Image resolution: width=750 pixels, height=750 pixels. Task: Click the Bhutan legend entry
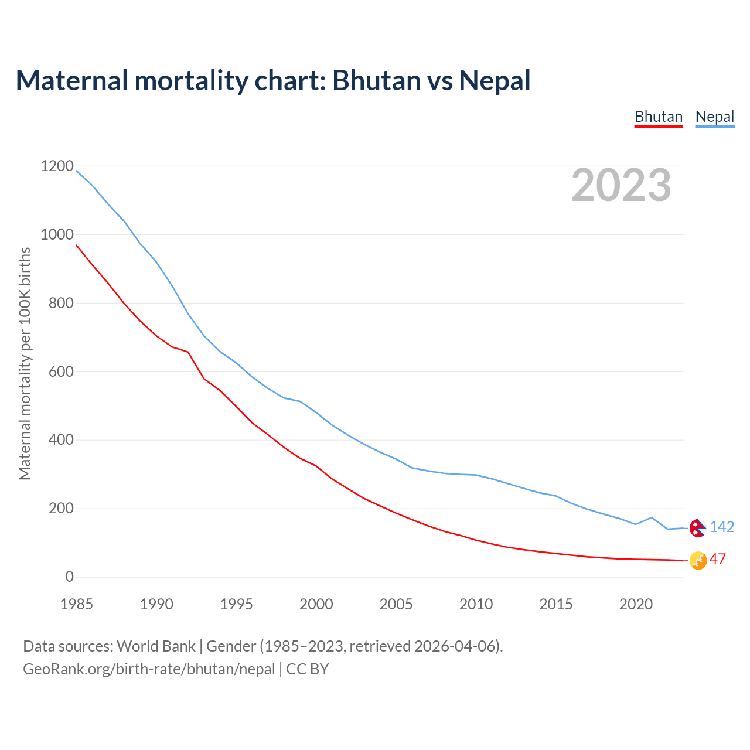tap(659, 117)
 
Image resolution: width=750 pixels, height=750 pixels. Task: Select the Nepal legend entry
tap(714, 117)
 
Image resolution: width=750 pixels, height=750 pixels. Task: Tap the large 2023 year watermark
tap(621, 185)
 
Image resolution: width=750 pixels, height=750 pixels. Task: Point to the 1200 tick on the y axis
tap(57, 166)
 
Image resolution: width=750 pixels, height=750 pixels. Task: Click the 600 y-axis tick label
tap(61, 371)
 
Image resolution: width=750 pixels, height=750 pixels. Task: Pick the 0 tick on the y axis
tap(70, 577)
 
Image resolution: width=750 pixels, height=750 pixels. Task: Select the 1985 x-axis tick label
tap(76, 604)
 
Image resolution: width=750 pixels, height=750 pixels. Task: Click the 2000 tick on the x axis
tap(316, 604)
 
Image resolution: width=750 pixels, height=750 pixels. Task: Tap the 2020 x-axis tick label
tap(636, 604)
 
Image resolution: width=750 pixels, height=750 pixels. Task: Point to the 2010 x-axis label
tap(476, 604)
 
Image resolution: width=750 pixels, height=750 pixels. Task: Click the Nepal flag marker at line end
tap(697, 528)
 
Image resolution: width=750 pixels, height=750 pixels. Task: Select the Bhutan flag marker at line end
tap(697, 561)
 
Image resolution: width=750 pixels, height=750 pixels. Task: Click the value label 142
tap(722, 527)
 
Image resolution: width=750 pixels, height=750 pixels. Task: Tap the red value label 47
tap(717, 560)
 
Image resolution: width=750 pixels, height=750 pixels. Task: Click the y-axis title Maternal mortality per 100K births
tap(25, 363)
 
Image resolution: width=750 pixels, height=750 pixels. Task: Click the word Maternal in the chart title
tap(71, 80)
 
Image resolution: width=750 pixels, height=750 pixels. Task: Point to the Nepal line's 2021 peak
tap(652, 517)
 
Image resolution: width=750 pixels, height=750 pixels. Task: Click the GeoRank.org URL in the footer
tap(149, 669)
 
